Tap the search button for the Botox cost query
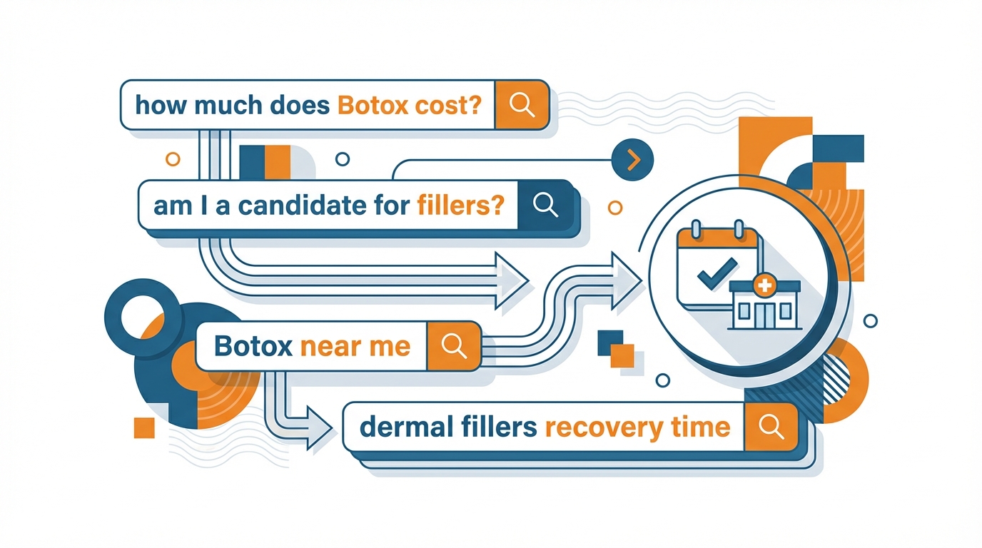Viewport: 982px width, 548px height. [x=522, y=105]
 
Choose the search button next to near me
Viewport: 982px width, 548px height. [x=454, y=346]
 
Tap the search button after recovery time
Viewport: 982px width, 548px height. [x=769, y=426]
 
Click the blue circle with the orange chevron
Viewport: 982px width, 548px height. [x=632, y=161]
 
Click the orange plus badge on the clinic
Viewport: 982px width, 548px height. [x=764, y=285]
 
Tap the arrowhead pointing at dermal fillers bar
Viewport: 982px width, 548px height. [x=317, y=430]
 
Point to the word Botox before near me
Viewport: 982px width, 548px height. [x=253, y=347]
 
